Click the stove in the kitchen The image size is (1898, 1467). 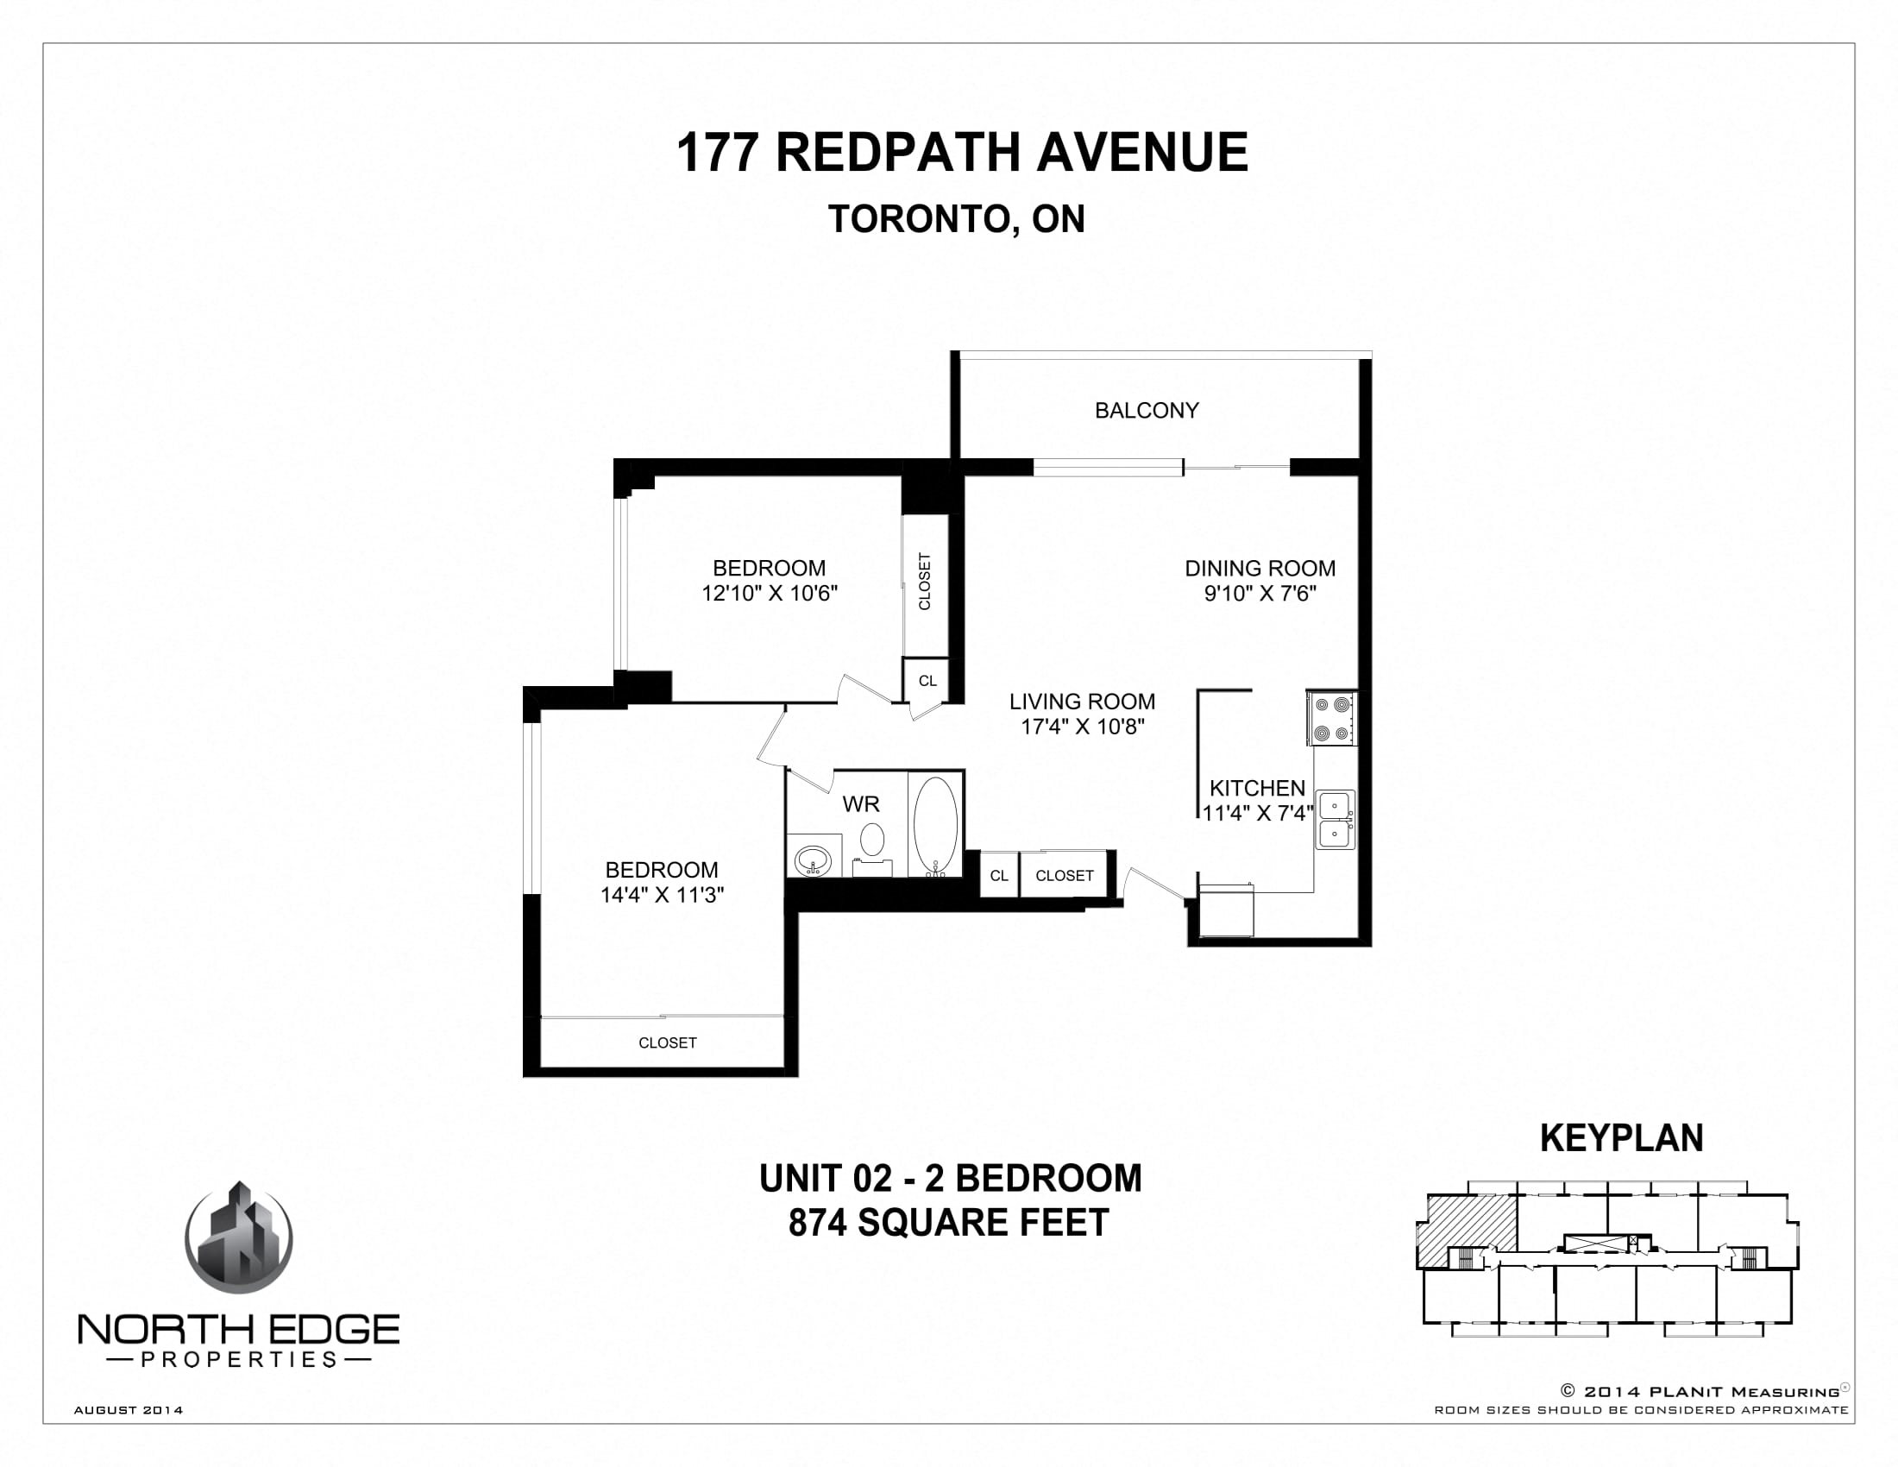pos(1331,718)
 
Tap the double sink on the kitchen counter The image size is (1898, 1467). pos(1335,820)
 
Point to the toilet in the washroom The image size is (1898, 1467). pos(871,848)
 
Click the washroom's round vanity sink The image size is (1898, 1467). pos(814,860)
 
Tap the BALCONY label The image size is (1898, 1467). pos(1147,410)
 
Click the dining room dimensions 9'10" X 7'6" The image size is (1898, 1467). pos(1260,594)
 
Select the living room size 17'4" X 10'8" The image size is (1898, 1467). pos(1082,727)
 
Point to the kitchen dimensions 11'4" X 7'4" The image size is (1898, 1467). pos(1258,814)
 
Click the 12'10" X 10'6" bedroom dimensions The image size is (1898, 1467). pos(769,594)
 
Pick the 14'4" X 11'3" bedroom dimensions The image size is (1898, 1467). pos(663,895)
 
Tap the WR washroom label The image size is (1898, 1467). pos(860,805)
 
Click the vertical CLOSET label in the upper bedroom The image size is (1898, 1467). pos(925,582)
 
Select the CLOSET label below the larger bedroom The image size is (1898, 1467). pos(668,1043)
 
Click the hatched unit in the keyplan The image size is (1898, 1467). pos(1467,1230)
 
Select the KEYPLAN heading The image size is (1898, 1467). pos(1622,1137)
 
